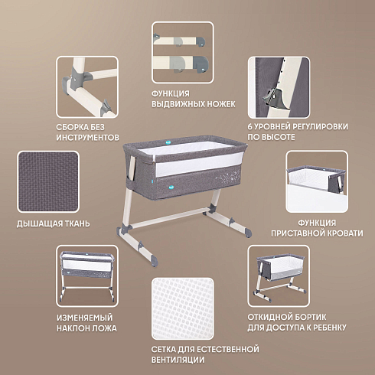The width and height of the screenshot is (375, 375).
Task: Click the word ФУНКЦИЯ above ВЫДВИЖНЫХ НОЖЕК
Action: (x=171, y=93)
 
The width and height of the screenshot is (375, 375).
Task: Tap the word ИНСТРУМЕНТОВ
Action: (x=87, y=138)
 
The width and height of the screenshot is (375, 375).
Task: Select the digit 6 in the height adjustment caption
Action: (x=250, y=126)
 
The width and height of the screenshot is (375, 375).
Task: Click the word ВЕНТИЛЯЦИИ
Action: (x=178, y=360)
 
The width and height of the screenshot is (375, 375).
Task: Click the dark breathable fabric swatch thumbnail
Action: (x=48, y=181)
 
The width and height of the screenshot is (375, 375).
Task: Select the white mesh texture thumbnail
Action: (x=183, y=308)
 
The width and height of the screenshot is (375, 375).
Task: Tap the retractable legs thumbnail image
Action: (x=183, y=52)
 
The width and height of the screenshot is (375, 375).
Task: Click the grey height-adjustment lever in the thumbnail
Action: (x=273, y=98)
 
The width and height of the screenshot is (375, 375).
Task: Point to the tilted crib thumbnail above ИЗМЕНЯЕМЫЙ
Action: (x=87, y=276)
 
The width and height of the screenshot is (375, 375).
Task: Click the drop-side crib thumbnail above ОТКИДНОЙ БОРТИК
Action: (x=279, y=276)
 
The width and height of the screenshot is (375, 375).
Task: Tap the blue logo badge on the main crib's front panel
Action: (x=168, y=186)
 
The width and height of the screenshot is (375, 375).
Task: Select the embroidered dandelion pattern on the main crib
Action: (x=227, y=179)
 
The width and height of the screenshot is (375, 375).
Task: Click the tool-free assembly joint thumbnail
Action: (x=87, y=87)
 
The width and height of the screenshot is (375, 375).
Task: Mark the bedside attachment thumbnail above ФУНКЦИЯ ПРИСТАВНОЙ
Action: (x=317, y=181)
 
